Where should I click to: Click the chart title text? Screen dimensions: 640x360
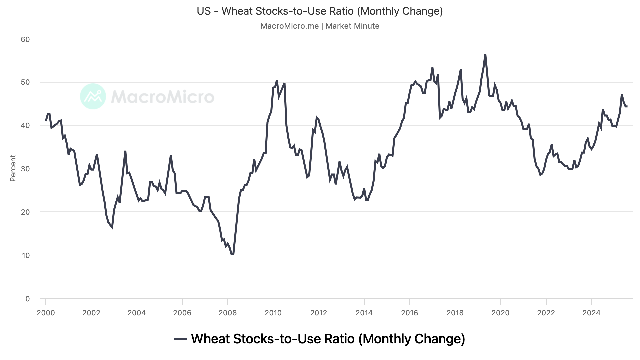click(320, 11)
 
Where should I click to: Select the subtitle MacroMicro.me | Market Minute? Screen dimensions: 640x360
click(320, 26)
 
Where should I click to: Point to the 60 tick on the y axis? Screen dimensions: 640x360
click(25, 39)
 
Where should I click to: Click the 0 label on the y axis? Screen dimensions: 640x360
click(28, 299)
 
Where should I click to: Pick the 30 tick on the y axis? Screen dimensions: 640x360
click(25, 169)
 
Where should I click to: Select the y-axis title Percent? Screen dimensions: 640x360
click(13, 168)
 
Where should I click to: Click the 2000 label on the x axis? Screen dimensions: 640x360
click(46, 313)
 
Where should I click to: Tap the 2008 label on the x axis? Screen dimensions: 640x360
click(228, 313)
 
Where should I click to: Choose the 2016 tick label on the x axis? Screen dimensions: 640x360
click(410, 313)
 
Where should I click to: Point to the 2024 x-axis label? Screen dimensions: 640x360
click(591, 313)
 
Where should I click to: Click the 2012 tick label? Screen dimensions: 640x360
click(319, 313)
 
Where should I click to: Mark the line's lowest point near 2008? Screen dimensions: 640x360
click(232, 254)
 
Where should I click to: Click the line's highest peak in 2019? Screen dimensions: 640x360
click(485, 55)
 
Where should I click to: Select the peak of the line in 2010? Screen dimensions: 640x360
click(277, 81)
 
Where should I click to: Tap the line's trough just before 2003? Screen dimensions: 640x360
click(112, 228)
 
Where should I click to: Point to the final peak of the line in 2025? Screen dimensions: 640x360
click(622, 95)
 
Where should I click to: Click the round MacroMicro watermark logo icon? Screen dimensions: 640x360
click(93, 96)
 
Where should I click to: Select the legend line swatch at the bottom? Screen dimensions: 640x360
click(181, 339)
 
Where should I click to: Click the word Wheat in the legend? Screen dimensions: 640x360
click(210, 339)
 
